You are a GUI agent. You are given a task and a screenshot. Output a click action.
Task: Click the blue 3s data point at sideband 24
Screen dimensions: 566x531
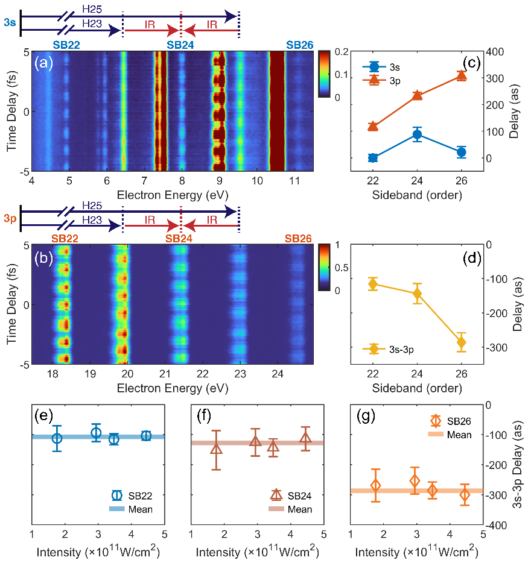417,134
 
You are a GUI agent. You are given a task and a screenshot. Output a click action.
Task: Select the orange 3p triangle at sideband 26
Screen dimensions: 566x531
462,75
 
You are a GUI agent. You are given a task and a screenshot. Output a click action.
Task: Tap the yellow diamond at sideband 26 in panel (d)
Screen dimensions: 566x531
462,342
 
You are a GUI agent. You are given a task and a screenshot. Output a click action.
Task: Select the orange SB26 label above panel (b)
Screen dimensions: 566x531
299,239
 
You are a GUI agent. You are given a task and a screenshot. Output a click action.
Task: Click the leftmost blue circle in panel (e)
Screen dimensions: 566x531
57,438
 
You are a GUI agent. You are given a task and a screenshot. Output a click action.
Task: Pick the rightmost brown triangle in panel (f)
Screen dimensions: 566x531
305,438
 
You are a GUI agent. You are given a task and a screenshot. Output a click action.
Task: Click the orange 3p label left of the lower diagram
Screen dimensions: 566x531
10,219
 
